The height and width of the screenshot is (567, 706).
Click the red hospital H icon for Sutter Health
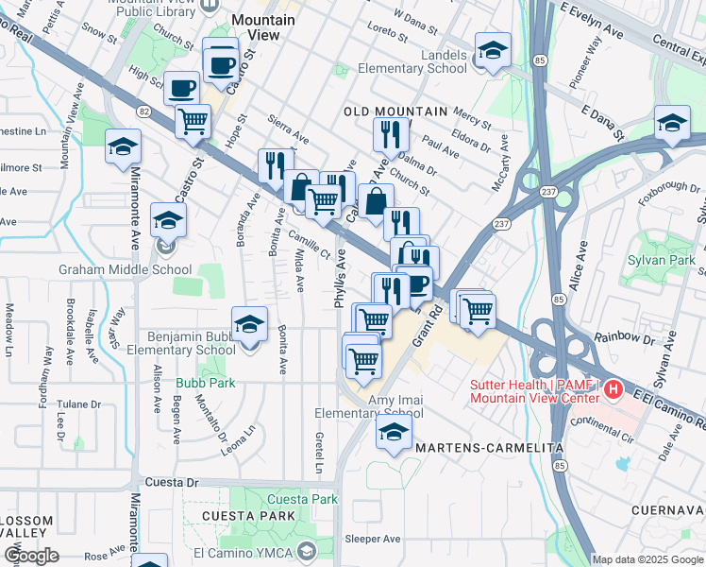614,388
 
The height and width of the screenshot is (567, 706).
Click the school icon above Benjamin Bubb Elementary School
249,324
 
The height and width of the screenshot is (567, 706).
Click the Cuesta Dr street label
175,482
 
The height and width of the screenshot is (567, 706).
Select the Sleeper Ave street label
373,539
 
